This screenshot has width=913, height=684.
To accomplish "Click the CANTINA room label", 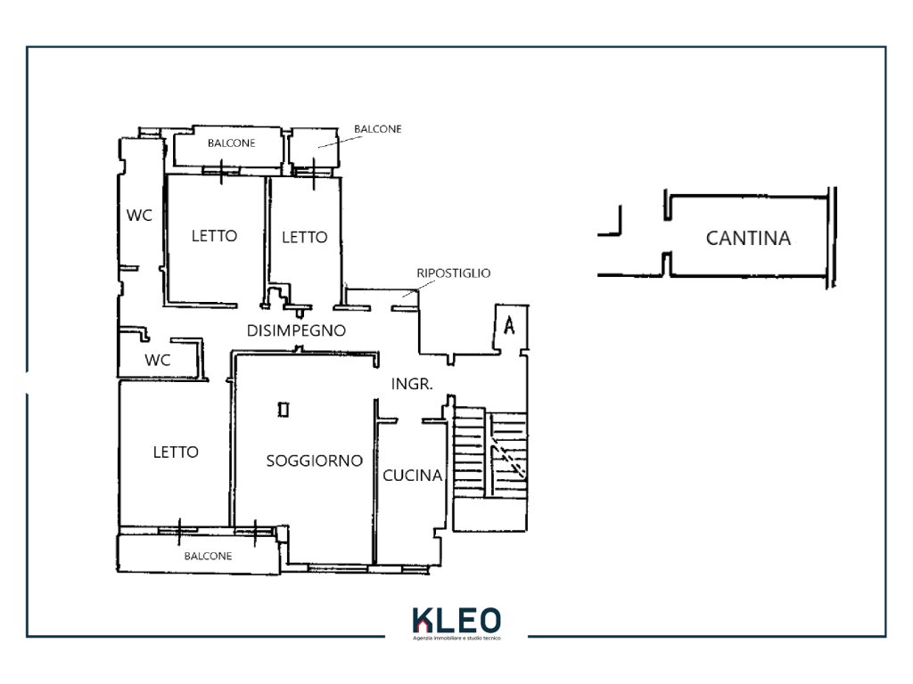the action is pos(748,238).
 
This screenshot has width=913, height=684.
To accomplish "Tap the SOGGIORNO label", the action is pos(315,460).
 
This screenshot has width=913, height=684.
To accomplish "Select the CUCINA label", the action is pos(412,476).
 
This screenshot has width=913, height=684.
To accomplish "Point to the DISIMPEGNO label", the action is pos(296,330).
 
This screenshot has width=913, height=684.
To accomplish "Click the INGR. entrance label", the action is pos(412,384).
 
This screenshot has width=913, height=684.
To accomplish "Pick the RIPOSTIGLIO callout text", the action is pos(454,273).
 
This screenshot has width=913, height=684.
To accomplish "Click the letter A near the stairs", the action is pos(509,325).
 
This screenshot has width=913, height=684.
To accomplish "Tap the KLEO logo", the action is pos(456,621).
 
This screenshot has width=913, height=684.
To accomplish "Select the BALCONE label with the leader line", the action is pos(378,128).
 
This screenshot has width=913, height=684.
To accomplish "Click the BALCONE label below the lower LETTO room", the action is pos(208,556).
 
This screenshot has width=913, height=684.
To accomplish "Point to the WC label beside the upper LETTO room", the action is pos(139,216).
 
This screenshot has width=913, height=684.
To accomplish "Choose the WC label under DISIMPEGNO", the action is pos(157,360).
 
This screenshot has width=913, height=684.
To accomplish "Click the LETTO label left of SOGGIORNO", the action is pos(176,452).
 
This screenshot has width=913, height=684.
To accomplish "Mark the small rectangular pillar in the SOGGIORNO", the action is pos(284,410).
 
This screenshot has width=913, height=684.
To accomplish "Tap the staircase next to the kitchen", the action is pos(490,468).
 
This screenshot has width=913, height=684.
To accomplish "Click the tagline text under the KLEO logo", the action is pos(456,638).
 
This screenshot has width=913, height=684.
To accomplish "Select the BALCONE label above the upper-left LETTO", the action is pos(231,143).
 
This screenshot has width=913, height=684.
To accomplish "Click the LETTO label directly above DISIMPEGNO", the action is pos(305,237).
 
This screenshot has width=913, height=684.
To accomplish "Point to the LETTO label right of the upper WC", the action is pos(214,235).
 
